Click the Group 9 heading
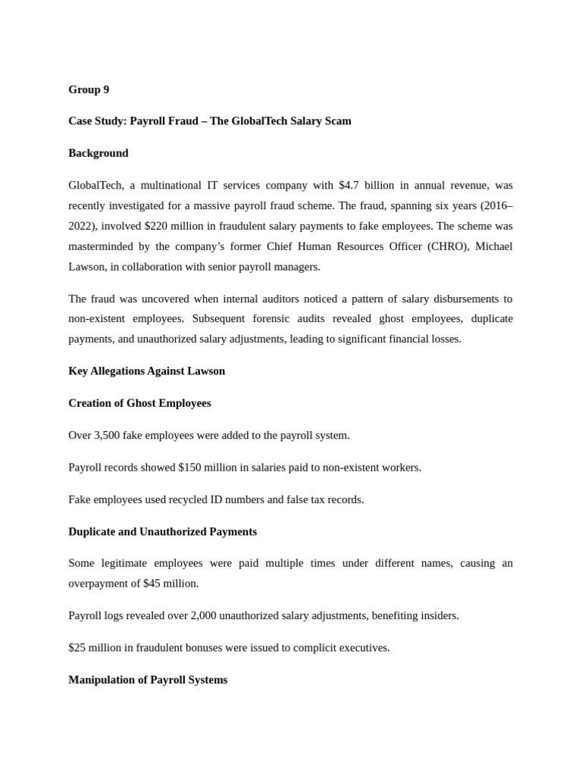tap(89, 89)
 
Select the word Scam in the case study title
tap(337, 121)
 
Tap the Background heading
tap(99, 153)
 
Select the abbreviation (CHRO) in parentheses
tap(443, 246)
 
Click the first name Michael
tap(493, 246)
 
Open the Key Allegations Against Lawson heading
tap(146, 371)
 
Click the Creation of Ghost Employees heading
tap(139, 403)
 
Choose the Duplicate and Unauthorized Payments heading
tap(162, 532)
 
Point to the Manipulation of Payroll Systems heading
tap(148, 680)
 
